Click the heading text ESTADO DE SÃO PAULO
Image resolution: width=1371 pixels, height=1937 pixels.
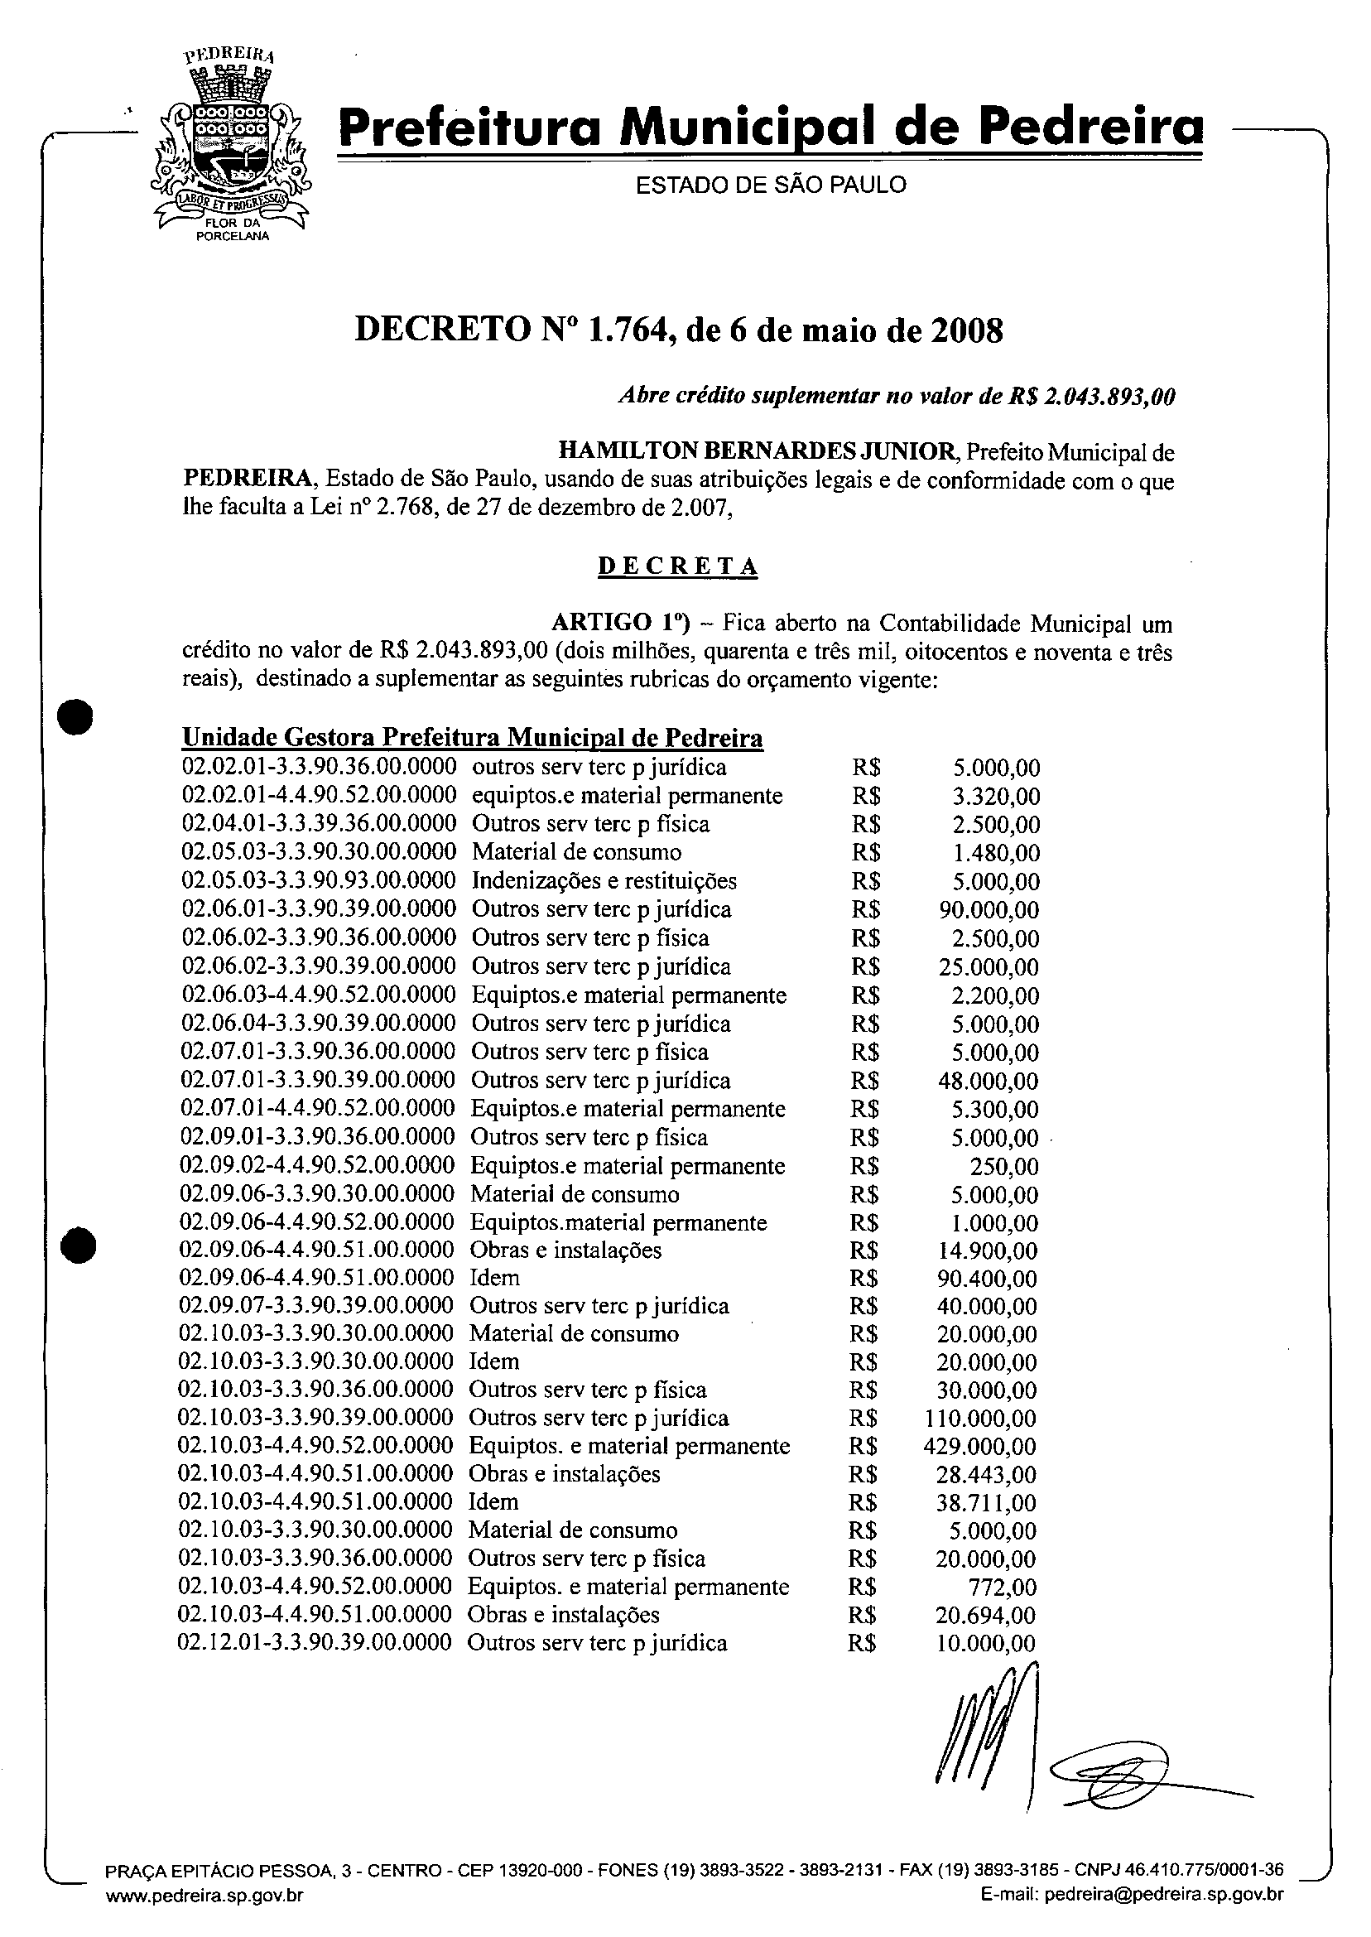(770, 185)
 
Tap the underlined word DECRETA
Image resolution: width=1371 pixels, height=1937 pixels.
(677, 566)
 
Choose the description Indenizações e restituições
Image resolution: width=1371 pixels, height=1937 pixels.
(604, 880)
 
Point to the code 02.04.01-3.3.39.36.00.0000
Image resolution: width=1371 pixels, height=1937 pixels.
(319, 824)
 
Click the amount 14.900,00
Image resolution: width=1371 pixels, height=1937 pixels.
(987, 1250)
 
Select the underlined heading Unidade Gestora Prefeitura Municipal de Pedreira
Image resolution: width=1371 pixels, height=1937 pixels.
(473, 738)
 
